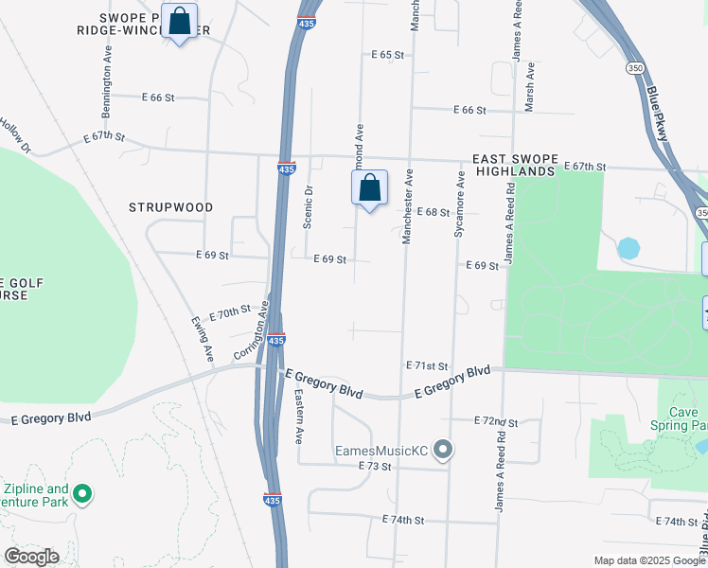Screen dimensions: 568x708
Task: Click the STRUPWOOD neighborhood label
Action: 171,206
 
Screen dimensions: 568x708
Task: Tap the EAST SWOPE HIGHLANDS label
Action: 507,165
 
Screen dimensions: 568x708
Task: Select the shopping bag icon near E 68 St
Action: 370,188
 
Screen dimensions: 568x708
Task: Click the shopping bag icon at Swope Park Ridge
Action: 179,21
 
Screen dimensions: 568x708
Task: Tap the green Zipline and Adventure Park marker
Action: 82,492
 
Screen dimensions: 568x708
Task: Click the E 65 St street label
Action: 387,56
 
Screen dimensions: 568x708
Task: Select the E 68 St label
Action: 432,212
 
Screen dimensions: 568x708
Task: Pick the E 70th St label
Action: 230,312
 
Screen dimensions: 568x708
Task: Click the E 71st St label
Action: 426,365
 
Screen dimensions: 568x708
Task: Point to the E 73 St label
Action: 375,467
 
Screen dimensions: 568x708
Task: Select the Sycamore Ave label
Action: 458,203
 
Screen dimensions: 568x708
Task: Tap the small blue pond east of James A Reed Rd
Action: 628,249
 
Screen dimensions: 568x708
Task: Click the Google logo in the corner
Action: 31,557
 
